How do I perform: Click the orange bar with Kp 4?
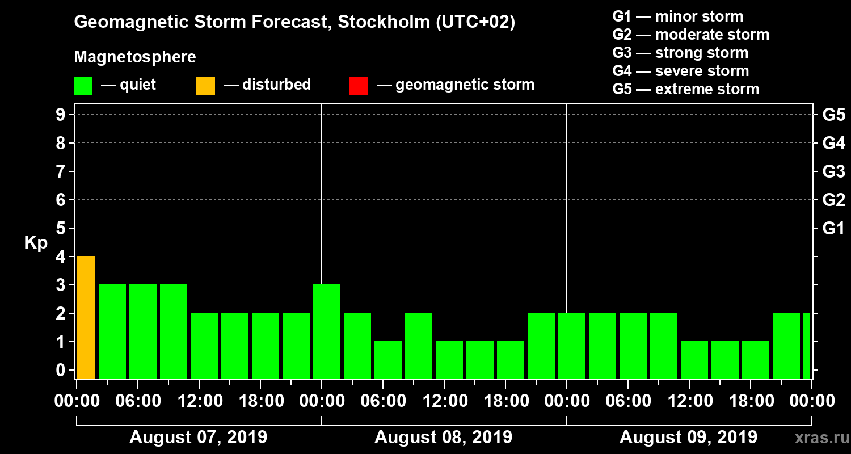(x=86, y=317)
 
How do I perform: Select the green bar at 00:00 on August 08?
(x=327, y=331)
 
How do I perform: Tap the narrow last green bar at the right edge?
(x=806, y=346)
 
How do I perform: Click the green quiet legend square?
(x=83, y=86)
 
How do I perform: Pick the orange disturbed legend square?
(x=205, y=86)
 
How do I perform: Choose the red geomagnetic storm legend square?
(x=359, y=86)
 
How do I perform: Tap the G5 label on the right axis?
(x=833, y=115)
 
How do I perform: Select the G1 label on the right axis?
(x=833, y=229)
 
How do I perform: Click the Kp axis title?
(x=36, y=243)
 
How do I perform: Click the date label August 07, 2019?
(x=199, y=438)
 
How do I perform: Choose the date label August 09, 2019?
(x=688, y=438)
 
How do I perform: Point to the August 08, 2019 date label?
(x=443, y=438)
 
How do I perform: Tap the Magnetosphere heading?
(x=135, y=57)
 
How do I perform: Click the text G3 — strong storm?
(x=680, y=53)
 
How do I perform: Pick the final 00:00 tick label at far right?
(x=812, y=401)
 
